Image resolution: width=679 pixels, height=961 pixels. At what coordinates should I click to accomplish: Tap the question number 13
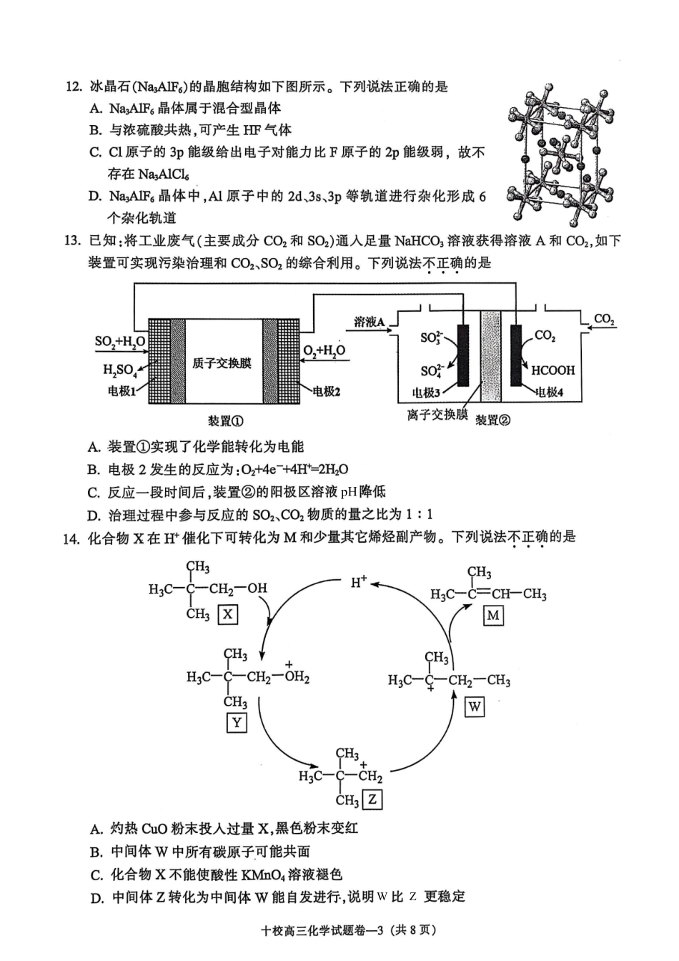[73, 240]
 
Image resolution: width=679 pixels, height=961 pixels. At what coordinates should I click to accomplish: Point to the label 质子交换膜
[222, 363]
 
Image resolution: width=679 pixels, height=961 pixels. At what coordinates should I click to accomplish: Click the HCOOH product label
[552, 370]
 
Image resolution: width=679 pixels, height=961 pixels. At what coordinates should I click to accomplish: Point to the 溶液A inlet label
[370, 322]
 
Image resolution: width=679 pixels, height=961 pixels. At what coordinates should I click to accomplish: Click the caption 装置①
[225, 421]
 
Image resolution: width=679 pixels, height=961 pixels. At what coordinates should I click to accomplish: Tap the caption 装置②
[493, 420]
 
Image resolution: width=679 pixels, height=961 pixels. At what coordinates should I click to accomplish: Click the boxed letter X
[227, 614]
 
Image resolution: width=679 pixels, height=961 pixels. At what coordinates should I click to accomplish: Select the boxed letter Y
[236, 722]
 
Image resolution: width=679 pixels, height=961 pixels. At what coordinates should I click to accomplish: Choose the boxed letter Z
[372, 799]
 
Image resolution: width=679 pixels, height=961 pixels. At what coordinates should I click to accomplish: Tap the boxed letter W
[474, 707]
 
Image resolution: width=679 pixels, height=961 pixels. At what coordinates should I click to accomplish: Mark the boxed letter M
[492, 615]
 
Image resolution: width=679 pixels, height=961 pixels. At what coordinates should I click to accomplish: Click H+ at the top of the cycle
[359, 582]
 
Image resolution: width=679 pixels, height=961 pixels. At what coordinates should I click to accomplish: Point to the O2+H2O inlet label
[324, 350]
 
